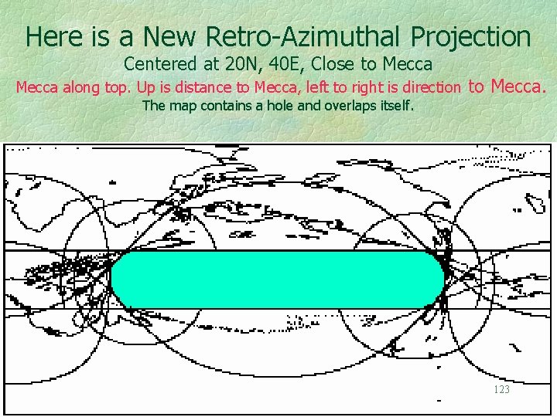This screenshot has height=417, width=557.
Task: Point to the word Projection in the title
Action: point(471,36)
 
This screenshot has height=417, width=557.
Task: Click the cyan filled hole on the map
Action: point(277,279)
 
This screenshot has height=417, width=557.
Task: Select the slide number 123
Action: point(501,390)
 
